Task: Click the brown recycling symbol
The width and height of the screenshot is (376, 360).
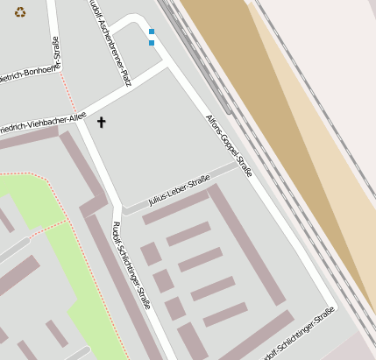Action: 20,12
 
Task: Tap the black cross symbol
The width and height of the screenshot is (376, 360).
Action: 101,122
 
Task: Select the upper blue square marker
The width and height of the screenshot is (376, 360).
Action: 152,32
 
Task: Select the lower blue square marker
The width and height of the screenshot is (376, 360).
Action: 152,42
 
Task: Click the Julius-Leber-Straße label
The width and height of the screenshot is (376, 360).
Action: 180,189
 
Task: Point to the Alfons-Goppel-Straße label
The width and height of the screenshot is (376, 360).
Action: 229,145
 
